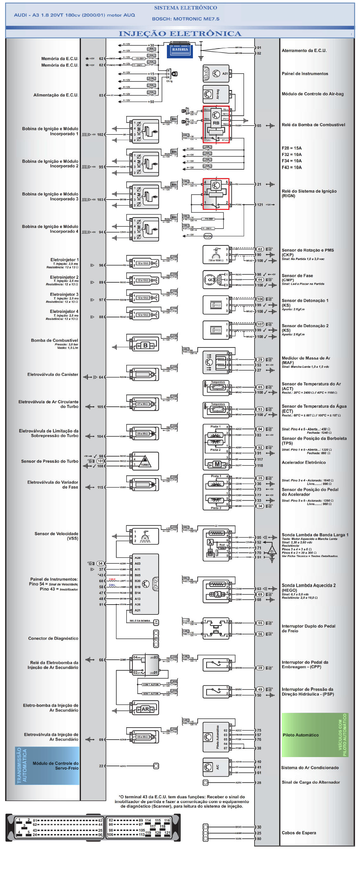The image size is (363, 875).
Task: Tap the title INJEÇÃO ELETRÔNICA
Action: (180, 34)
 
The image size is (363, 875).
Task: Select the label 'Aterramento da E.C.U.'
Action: (304, 51)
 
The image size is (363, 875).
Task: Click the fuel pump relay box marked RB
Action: (216, 124)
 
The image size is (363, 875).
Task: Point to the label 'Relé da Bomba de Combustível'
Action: (313, 125)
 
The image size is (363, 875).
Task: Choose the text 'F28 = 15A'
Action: (291, 148)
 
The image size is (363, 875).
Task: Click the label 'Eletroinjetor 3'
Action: (64, 295)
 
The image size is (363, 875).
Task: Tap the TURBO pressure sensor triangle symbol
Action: (145, 461)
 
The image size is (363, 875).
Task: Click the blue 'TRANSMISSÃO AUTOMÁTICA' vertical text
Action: (22, 765)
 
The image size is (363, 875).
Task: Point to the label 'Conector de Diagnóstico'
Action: (53, 638)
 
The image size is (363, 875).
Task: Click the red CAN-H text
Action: (112, 580)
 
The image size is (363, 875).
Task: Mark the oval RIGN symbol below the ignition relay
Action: (208, 236)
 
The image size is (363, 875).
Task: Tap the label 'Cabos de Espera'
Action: (298, 833)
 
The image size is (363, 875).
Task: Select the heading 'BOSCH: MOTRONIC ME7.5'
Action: (185, 19)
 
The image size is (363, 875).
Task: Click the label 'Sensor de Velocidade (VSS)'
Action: (56, 536)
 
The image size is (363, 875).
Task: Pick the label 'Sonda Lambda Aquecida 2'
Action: (308, 585)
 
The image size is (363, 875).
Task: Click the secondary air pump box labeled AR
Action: (145, 709)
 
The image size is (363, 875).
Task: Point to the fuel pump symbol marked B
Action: (145, 346)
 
